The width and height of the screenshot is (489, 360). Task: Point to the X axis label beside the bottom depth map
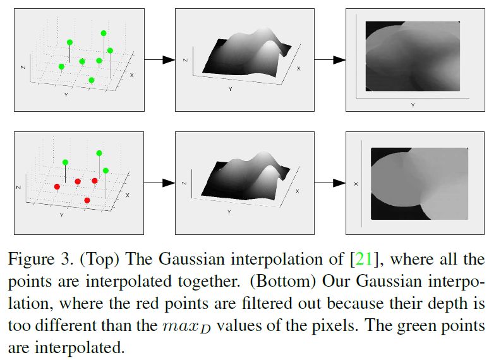tap(356, 184)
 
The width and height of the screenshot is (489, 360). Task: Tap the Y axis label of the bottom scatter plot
tap(61, 215)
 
